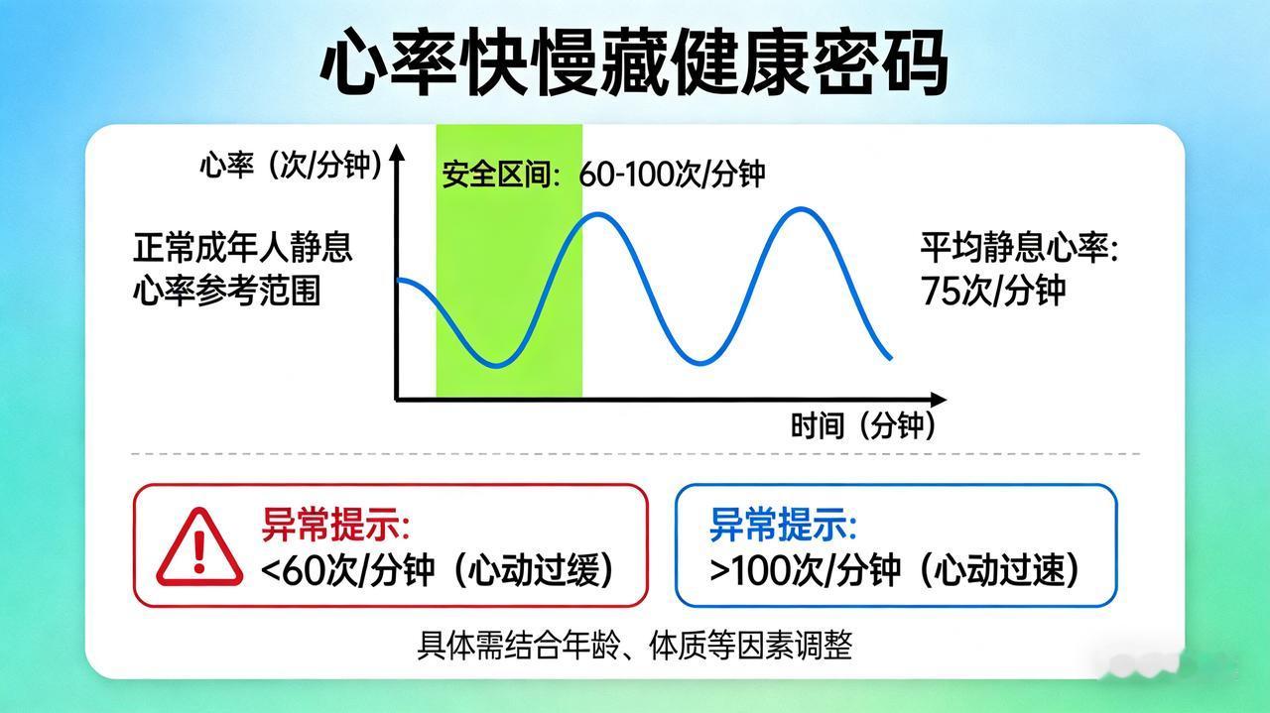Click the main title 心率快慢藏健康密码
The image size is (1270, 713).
click(x=634, y=62)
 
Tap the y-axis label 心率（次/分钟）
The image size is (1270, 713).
click(x=292, y=166)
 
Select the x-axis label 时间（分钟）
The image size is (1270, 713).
click(x=863, y=425)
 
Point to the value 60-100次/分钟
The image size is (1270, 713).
click(x=672, y=174)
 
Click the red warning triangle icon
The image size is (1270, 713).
click(x=199, y=547)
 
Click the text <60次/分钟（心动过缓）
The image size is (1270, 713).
click(x=438, y=570)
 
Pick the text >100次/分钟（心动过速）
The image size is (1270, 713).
click(x=894, y=570)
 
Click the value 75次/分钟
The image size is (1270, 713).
click(x=993, y=291)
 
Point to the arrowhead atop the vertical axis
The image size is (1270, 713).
click(x=398, y=152)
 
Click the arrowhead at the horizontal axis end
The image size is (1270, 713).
click(x=939, y=400)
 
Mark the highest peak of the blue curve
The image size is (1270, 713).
click(x=802, y=209)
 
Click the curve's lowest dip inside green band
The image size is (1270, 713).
click(x=496, y=366)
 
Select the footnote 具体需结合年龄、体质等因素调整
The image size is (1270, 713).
click(x=634, y=645)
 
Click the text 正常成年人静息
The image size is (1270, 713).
click(x=243, y=248)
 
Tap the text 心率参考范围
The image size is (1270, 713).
click(x=227, y=291)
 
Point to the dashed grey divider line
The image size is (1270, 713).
click(x=636, y=454)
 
